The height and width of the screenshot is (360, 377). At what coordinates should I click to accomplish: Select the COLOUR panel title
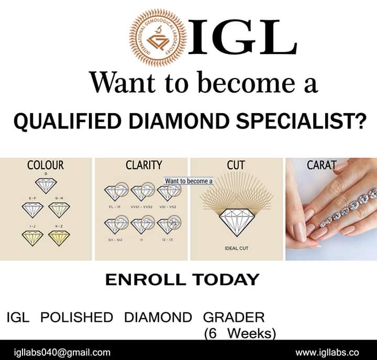[x=46, y=166]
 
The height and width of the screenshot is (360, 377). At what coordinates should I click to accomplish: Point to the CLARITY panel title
[x=143, y=166]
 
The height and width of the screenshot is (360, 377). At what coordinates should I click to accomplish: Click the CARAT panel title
[x=321, y=166]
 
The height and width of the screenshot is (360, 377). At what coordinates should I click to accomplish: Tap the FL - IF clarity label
[x=113, y=208]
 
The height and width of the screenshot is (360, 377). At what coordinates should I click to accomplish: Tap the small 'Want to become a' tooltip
[x=189, y=181]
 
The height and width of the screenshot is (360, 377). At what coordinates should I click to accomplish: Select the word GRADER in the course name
[x=234, y=317]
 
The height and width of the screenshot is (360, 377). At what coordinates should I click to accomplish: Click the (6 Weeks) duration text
[x=239, y=333]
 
